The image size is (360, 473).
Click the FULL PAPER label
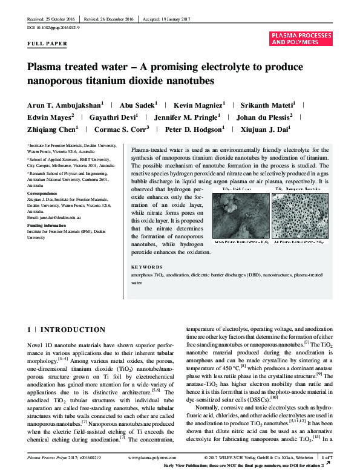(x=48, y=44)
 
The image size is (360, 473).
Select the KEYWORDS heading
(x=147, y=267)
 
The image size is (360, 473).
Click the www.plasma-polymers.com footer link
(x=151, y=458)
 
